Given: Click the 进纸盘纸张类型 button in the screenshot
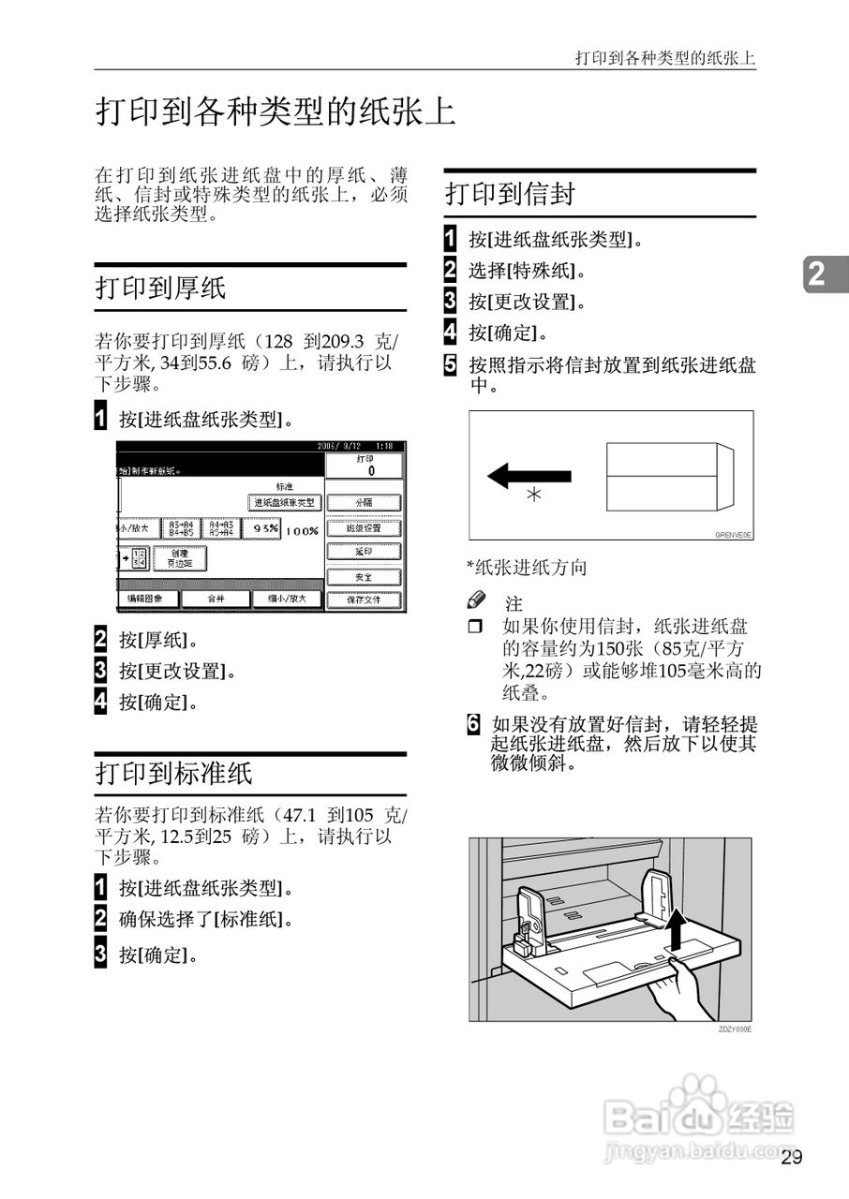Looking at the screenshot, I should coord(285,503).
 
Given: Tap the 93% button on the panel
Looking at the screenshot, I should coord(260,528).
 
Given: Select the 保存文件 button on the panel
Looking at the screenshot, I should coord(364,599).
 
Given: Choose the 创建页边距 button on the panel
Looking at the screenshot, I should coord(180,559).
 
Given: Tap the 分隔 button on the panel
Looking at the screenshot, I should coord(364,503).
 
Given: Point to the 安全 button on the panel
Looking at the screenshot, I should coord(364,576).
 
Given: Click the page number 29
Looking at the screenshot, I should coord(791,1158).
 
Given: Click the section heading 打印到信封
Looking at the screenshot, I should coord(510,194).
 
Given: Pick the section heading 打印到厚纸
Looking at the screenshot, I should coord(160,288).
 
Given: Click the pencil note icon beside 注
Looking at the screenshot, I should coord(477,599).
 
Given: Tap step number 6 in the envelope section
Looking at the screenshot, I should coord(475,723).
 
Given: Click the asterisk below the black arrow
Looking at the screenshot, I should coord(533,496).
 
